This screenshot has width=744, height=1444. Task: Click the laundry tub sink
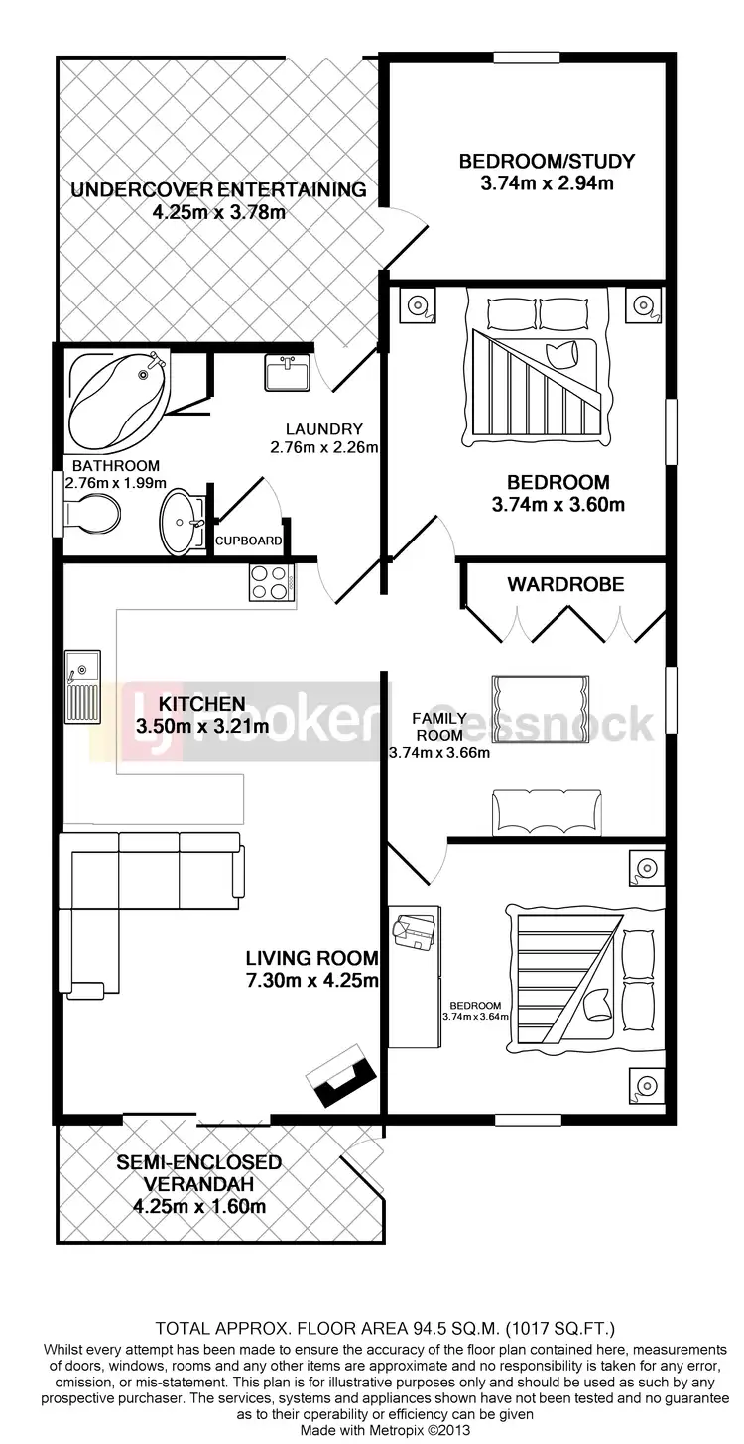[288, 373]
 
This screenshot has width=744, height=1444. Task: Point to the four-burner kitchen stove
[271, 582]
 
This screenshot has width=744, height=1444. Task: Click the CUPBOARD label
[249, 541]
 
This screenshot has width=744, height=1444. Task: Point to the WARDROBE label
[565, 584]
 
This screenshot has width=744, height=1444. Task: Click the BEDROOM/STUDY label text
[546, 161]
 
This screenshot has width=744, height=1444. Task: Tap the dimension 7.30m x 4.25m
[312, 982]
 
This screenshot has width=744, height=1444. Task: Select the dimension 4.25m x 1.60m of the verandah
[198, 1207]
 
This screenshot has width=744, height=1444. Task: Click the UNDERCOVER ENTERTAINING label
[219, 189]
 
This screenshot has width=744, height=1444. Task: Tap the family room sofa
[546, 813]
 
